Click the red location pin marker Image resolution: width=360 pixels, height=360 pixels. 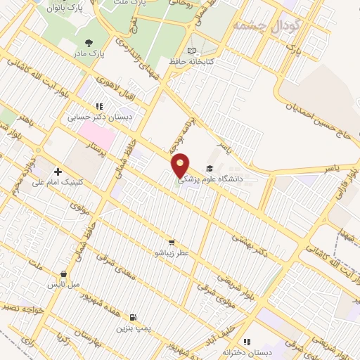(181, 165)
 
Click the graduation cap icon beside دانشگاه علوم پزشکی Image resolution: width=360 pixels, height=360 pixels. (209, 169)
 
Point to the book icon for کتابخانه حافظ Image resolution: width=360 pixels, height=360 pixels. (192, 51)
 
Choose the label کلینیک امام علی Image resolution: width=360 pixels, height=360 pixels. (58, 182)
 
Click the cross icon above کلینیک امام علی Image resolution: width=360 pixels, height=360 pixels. (58, 172)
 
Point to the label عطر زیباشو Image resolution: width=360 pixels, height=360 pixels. (172, 251)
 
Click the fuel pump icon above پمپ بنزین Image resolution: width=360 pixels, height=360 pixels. (134, 317)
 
